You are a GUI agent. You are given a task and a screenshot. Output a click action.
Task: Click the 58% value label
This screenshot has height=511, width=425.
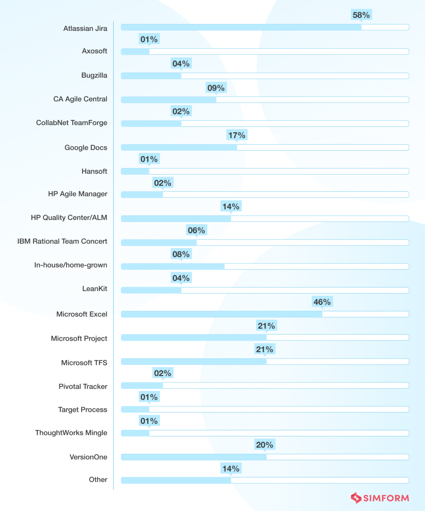361,15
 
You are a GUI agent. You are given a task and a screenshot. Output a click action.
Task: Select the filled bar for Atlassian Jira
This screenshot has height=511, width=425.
241,27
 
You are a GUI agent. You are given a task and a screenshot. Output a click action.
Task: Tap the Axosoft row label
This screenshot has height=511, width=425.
94,51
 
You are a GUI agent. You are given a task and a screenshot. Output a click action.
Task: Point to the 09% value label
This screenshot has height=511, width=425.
216,88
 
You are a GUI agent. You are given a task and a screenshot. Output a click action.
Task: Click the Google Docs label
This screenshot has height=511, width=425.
86,148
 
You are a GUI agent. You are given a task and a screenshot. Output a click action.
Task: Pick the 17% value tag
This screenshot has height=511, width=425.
237,135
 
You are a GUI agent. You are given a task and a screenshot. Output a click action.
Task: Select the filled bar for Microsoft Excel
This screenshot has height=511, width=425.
221,314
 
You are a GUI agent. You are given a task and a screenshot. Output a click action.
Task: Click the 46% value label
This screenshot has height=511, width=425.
322,302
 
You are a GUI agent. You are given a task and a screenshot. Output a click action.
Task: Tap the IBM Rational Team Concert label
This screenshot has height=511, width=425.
62,242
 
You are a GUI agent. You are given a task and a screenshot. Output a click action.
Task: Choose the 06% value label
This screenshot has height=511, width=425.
196,230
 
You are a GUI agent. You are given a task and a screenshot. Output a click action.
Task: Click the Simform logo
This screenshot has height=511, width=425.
380,498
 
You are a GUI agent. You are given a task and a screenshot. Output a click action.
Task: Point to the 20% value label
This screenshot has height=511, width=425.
264,445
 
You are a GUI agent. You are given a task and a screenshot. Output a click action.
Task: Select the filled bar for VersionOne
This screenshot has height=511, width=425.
194,457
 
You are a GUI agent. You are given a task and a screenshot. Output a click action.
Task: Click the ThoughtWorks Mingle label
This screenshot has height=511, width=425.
71,433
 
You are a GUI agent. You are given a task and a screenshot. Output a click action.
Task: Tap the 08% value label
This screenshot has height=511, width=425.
181,254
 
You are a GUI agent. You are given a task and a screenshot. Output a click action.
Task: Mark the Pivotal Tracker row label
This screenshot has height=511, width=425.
83,387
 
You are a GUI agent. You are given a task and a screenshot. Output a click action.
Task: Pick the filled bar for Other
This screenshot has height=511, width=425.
176,480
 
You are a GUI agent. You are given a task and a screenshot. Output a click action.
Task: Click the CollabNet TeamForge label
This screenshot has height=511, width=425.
71,123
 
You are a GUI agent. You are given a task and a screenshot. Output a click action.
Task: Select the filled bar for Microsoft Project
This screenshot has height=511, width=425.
194,338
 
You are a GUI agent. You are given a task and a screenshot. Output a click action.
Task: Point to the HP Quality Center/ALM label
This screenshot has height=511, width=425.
69,218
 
